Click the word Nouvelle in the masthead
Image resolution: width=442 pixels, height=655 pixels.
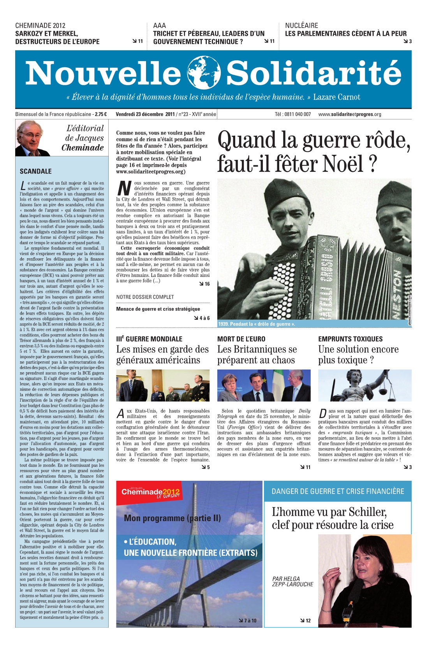(103, 73)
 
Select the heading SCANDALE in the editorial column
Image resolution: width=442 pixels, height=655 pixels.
(35, 171)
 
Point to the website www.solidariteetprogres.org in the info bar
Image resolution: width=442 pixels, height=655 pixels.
(349, 114)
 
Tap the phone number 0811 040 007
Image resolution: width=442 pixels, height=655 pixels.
(298, 114)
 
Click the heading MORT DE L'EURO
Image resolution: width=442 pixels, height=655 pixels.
(241, 339)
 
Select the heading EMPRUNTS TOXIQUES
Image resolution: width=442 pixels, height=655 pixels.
(350, 339)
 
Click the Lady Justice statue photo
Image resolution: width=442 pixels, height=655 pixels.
(365, 385)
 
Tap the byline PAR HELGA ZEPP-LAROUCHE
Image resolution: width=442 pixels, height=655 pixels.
(292, 581)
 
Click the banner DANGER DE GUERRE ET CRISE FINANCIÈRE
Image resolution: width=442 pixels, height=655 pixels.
(338, 491)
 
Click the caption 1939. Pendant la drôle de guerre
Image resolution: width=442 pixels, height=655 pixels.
(257, 324)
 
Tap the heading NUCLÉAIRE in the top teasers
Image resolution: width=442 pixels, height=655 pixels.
(301, 26)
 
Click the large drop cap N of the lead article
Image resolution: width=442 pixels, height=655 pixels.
(124, 188)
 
